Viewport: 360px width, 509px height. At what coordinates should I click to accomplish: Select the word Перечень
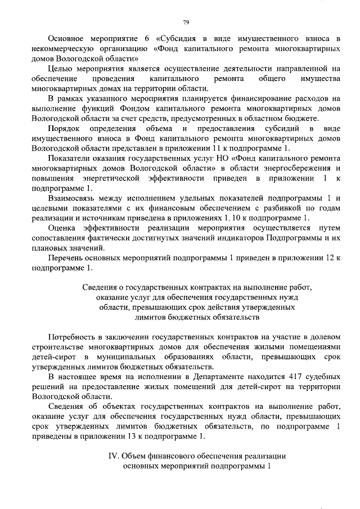67,258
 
